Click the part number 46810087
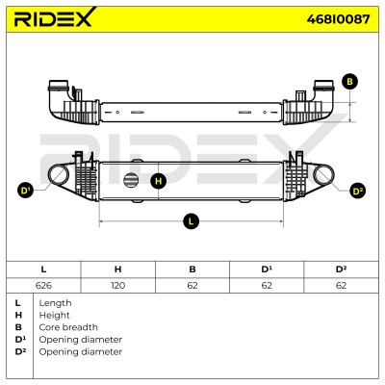tap(338, 19)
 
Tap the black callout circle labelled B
tap(349, 82)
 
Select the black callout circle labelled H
tap(159, 181)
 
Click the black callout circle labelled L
tap(192, 221)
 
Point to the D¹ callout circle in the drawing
tap(25, 191)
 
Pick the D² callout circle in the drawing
tap(357, 192)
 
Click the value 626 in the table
tap(43, 285)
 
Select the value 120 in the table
tap(117, 285)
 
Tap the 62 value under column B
tap(192, 285)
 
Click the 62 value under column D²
tap(341, 285)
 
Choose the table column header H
tap(117, 269)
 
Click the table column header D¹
tap(267, 269)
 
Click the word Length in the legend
tap(55, 303)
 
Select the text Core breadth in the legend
tap(68, 327)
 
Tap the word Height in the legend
tap(54, 315)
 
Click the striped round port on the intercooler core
tap(131, 180)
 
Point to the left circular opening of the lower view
tap(59, 174)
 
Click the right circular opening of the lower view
tap(323, 174)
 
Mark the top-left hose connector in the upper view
tap(58, 86)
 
